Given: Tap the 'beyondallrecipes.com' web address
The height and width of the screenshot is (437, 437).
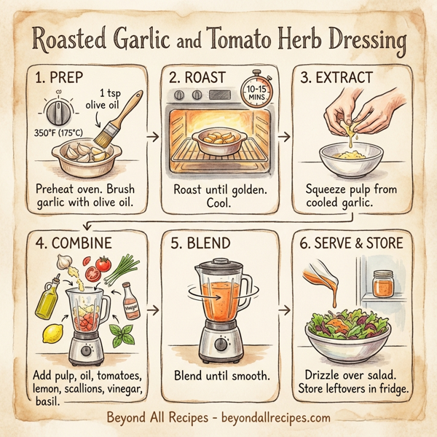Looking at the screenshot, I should [x=271, y=419].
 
